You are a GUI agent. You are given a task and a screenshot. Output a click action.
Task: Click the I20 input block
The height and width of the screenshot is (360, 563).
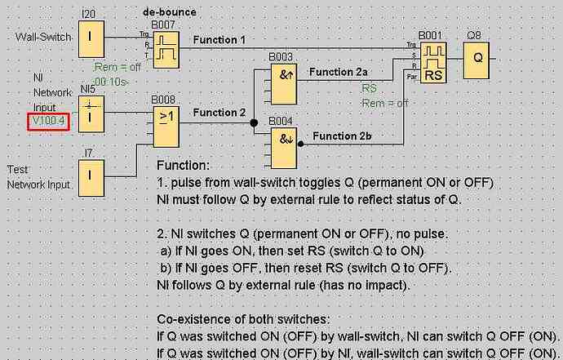pos(91,37)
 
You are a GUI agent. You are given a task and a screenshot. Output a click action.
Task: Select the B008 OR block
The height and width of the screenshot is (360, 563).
pos(166,121)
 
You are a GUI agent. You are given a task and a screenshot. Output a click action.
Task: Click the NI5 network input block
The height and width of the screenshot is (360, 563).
pos(91,112)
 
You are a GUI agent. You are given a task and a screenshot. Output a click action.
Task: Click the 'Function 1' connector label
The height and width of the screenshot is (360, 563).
pos(219,39)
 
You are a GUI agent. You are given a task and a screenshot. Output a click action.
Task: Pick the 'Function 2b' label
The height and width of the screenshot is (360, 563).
pos(341,136)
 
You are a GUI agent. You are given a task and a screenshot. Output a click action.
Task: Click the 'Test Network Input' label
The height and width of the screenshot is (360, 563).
pos(38,177)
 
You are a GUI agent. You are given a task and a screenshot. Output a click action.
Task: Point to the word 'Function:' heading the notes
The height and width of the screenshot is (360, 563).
pos(183,166)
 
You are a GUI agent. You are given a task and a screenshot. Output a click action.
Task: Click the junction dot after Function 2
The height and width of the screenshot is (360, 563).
pos(254,122)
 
